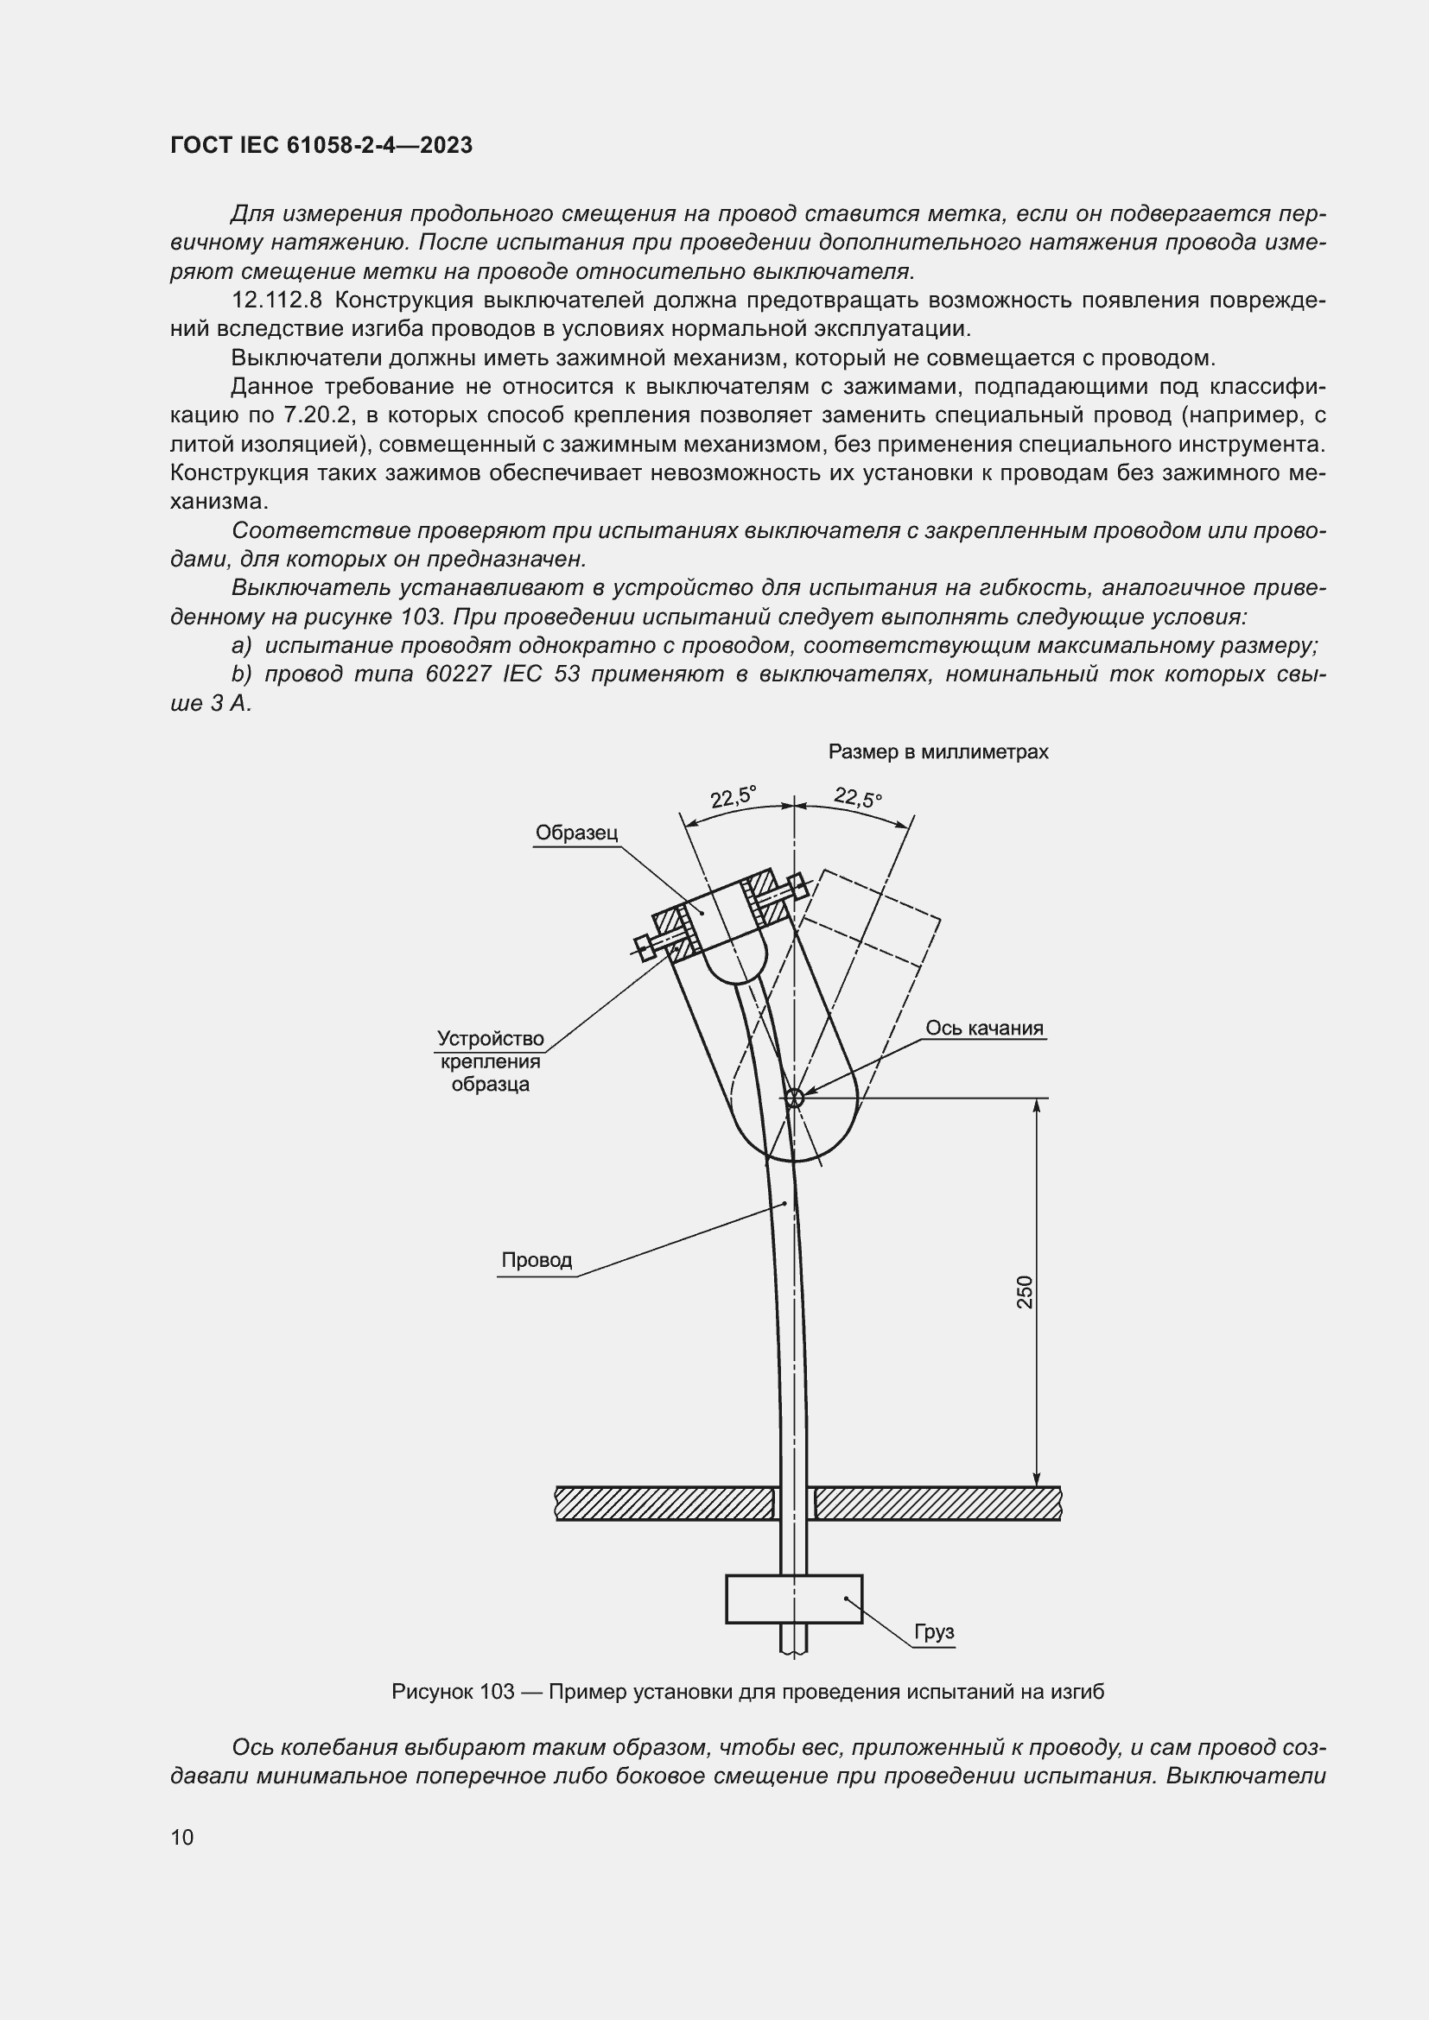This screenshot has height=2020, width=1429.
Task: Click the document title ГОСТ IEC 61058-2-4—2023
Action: coord(321,145)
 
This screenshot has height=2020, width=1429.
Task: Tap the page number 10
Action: coord(182,1837)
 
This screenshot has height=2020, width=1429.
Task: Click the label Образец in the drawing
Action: coord(576,833)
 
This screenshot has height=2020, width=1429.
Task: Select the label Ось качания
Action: coord(984,1028)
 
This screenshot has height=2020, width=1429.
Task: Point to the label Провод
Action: coord(537,1260)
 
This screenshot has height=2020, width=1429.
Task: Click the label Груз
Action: coord(934,1632)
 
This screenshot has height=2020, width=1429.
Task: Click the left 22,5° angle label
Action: coord(732,796)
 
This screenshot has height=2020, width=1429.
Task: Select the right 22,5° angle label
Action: coord(858,798)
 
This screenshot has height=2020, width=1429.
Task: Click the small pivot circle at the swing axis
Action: coord(794,1097)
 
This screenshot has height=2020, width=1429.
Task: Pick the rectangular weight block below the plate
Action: coord(794,1599)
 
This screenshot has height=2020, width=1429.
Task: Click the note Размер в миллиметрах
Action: coord(938,752)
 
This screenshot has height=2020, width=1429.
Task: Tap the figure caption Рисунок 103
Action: coord(747,1691)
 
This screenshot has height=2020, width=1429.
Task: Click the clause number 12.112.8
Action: coord(277,300)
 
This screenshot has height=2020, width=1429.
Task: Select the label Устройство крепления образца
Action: coord(490,1061)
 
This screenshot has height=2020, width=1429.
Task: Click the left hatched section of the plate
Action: coord(664,1503)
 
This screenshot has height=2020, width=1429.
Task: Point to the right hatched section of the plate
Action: coord(937,1503)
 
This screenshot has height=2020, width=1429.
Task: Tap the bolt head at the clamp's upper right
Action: coord(798,884)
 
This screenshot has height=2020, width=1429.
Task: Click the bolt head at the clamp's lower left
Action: coord(645,947)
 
